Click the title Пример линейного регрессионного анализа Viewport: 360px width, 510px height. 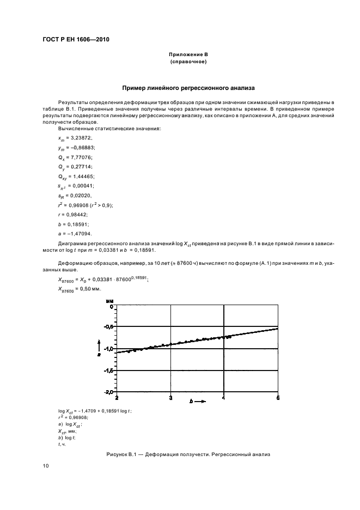point(188,87)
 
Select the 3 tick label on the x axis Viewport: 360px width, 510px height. point(170,397)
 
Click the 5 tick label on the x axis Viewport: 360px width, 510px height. point(278,397)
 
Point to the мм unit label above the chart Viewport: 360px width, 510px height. point(109,300)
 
